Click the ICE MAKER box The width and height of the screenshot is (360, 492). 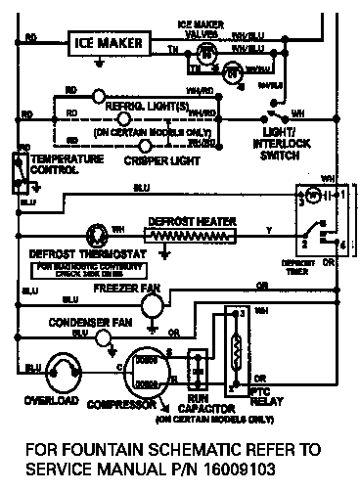coord(108,43)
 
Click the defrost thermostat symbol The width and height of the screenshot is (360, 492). coord(97,235)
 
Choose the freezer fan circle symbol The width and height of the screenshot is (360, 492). coord(152,306)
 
